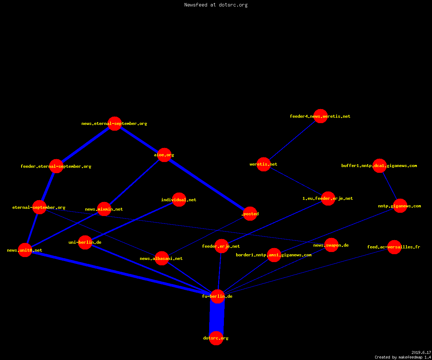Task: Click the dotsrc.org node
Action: pyautogui.click(x=216, y=338)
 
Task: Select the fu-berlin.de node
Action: pyautogui.click(x=217, y=296)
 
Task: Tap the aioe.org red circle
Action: pyautogui.click(x=164, y=155)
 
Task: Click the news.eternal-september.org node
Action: pyautogui.click(x=114, y=124)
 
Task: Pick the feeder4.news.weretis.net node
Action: pyautogui.click(x=320, y=116)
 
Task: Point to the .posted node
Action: pyautogui.click(x=250, y=214)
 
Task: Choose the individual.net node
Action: pyautogui.click(x=179, y=200)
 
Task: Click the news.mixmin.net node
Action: pyautogui.click(x=104, y=209)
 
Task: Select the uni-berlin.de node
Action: pyautogui.click(x=85, y=242)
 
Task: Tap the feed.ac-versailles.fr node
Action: pyautogui.click(x=394, y=247)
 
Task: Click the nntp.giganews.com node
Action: pyautogui.click(x=400, y=206)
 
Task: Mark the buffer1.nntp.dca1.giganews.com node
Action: pyautogui.click(x=379, y=166)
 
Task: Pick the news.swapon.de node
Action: pyautogui.click(x=331, y=245)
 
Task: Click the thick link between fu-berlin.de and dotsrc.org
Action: pyautogui.click(x=217, y=317)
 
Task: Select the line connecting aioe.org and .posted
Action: pyautogui.click(x=207, y=184)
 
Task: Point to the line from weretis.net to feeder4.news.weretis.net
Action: pyautogui.click(x=292, y=140)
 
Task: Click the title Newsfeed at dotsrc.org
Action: pyautogui.click(x=216, y=5)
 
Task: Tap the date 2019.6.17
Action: pyautogui.click(x=421, y=352)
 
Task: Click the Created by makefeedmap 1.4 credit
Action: pyautogui.click(x=402, y=357)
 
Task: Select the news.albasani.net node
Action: pyautogui.click(x=162, y=258)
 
